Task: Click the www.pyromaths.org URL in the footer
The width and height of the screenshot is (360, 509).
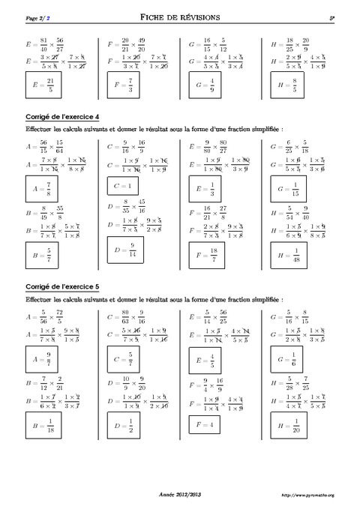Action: (x=306, y=495)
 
